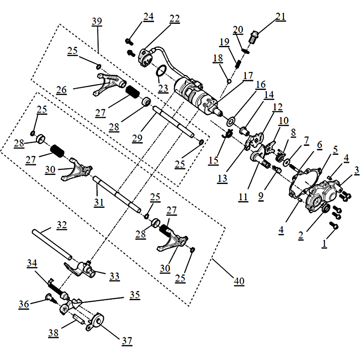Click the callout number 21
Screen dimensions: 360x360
[281, 17]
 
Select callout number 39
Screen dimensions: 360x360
[96, 22]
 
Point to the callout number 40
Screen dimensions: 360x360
[238, 281]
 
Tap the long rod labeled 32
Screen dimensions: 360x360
[52, 244]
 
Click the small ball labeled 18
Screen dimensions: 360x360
[229, 81]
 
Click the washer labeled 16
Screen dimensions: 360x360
[232, 121]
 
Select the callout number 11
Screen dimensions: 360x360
[243, 197]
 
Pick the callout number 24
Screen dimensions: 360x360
[148, 17]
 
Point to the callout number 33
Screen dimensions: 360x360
[115, 276]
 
